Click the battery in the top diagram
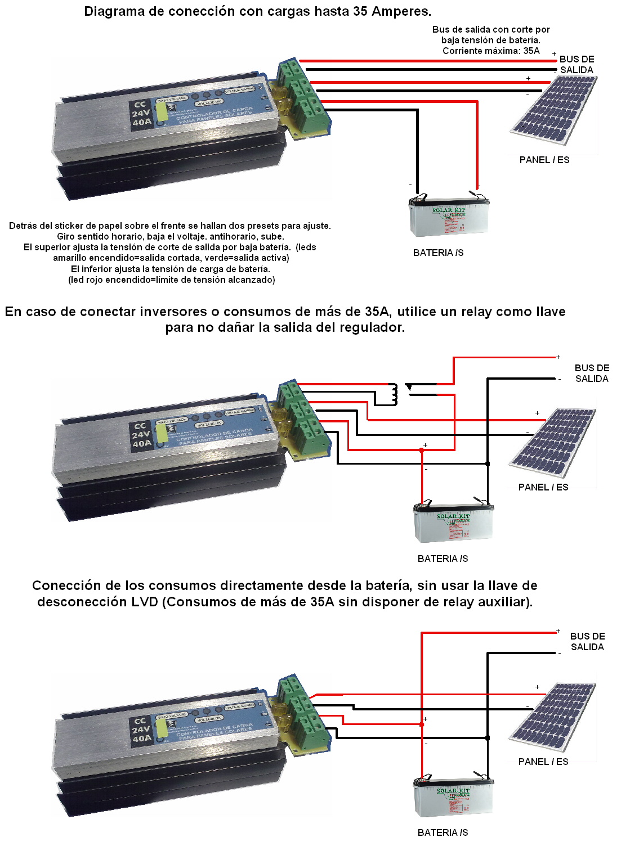[x=448, y=218]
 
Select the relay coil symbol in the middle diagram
[x=394, y=394]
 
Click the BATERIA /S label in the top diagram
[x=438, y=253]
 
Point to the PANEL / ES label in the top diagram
[x=544, y=160]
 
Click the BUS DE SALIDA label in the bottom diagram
[x=587, y=641]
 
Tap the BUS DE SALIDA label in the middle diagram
[x=592, y=373]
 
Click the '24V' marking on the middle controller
[x=141, y=435]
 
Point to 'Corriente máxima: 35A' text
[x=490, y=51]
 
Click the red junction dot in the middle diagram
[x=422, y=450]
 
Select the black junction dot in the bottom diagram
[x=488, y=737]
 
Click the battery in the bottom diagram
[x=453, y=798]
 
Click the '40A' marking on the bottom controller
[x=142, y=738]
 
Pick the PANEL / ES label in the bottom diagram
[x=543, y=762]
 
